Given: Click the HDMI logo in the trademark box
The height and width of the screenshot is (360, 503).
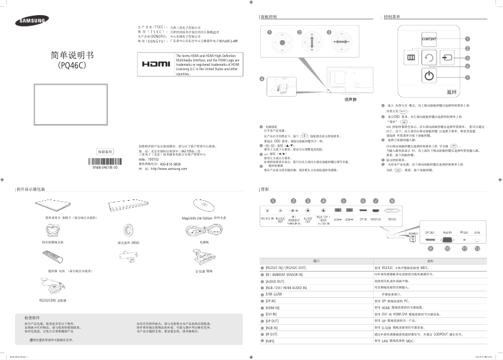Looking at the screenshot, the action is pos(156,65).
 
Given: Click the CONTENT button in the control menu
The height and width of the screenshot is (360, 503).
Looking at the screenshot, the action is pos(429,39).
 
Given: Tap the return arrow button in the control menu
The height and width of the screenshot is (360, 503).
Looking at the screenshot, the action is pos(429,58).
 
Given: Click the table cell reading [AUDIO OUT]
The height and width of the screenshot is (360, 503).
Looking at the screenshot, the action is pos(276,281).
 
